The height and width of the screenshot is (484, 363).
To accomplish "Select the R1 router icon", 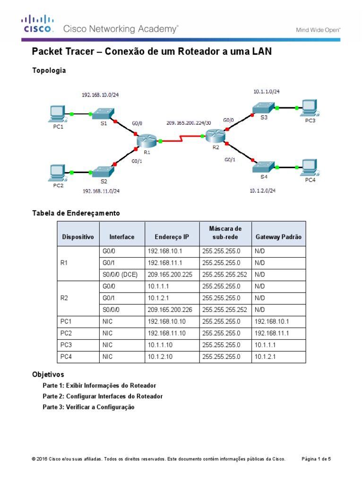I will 146,140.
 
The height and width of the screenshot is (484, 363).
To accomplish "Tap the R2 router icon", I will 215,136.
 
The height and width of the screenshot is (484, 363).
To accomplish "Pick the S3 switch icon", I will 263,107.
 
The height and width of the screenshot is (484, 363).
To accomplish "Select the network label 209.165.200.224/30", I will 189,122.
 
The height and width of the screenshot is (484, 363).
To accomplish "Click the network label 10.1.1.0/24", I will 269,92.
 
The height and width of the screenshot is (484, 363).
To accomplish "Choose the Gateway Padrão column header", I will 278,237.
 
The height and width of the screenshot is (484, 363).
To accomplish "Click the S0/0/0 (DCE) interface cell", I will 120,274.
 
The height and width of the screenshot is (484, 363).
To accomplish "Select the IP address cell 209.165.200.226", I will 170,310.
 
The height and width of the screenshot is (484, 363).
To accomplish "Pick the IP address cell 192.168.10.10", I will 166,321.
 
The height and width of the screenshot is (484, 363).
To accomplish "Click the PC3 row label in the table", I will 66,345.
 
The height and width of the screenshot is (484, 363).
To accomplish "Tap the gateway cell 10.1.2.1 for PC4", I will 265,357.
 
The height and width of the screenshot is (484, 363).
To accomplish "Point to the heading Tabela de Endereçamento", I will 76,213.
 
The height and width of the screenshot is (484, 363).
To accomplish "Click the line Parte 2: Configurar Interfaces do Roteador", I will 103,396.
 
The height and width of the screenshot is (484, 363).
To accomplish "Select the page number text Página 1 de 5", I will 316,459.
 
